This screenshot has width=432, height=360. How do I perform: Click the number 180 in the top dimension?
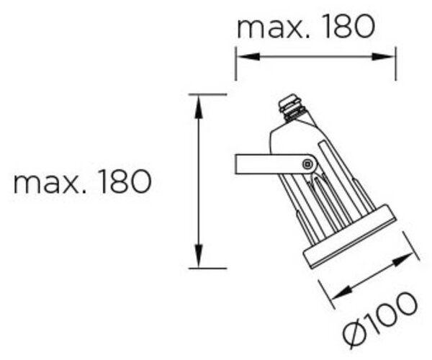pos(349,26)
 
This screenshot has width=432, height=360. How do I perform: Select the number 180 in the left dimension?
pos(125,181)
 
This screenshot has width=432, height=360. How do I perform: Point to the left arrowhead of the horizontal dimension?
pos(248,57)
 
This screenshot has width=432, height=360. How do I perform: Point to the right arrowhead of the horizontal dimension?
pos(383,57)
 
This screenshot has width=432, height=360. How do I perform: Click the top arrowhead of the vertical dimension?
pos(199,107)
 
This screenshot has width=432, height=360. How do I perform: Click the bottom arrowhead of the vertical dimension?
pos(199,256)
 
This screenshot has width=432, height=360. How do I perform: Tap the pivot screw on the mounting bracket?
pos(307,164)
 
